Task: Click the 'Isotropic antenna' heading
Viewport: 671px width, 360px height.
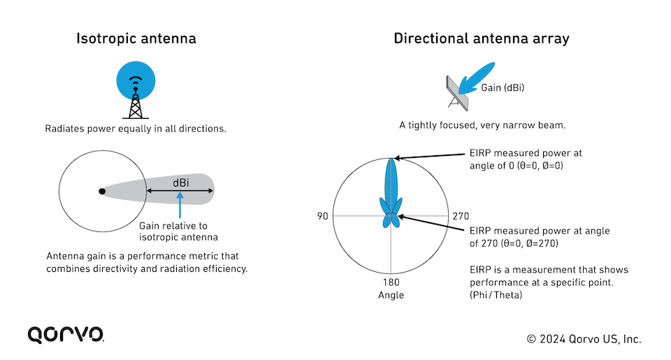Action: pos(136,38)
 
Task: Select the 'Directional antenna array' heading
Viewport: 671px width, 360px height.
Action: pos(482,38)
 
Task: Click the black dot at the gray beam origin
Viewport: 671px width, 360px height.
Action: pos(102,192)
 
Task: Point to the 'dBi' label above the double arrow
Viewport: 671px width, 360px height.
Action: pos(181,182)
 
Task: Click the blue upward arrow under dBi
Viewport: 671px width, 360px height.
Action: pos(180,205)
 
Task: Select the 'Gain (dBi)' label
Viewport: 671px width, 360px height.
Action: pos(503,88)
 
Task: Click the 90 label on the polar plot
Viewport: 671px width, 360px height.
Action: pos(323,216)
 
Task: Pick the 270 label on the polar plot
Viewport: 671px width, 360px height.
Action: pos(461,216)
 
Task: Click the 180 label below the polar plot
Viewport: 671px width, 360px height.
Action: pos(391,282)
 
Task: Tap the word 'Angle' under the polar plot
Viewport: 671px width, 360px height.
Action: pos(391,296)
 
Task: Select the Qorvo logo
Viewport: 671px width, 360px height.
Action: pos(66,335)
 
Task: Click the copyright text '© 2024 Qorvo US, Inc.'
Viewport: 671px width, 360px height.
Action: pos(584,340)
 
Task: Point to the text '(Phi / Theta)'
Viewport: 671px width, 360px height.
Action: pos(496,295)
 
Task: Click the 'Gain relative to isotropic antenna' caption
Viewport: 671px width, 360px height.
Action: pos(178,231)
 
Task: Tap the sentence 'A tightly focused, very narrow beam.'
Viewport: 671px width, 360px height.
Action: pos(482,125)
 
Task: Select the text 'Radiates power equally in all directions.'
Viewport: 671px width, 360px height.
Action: pos(136,129)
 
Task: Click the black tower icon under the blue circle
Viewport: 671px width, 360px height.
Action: pos(136,102)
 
